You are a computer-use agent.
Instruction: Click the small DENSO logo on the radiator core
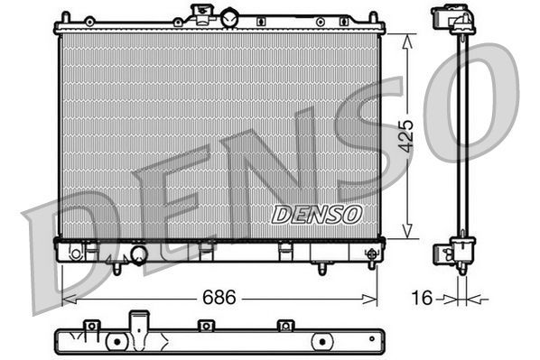316,214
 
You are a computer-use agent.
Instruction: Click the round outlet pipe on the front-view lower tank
138,255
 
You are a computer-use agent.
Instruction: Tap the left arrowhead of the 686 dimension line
66,297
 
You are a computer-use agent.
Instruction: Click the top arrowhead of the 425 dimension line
407,38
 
